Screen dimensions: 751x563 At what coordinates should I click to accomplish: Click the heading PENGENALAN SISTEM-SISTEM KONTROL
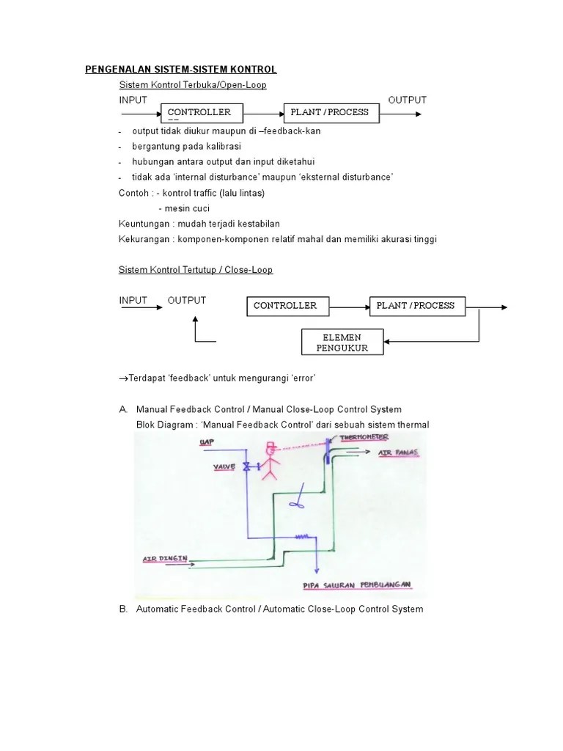tap(180, 70)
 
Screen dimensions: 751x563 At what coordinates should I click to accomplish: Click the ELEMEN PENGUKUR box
tap(342, 342)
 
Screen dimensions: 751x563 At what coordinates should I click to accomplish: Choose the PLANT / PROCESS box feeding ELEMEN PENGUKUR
tap(416, 306)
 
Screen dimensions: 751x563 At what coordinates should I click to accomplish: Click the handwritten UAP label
tap(206, 442)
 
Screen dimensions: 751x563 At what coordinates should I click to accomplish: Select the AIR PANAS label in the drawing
tap(398, 453)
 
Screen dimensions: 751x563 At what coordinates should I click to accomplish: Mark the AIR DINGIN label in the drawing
tap(162, 559)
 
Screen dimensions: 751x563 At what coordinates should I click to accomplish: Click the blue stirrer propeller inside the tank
tap(297, 502)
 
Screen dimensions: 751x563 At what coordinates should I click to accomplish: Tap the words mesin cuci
tap(178, 208)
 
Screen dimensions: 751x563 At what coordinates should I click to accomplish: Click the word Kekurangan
tap(144, 239)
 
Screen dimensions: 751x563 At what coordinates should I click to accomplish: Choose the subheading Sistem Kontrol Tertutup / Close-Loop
tap(196, 270)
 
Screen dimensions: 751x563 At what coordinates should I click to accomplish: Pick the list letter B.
tap(123, 609)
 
